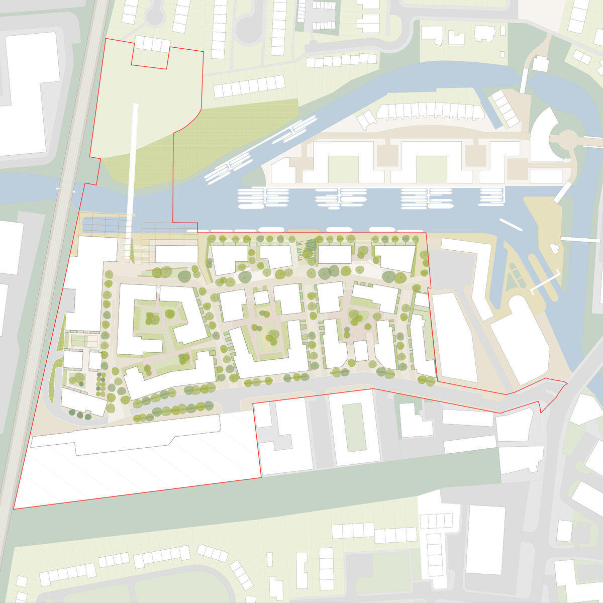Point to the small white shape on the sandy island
coord(555,248)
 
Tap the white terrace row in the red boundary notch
coord(151,44)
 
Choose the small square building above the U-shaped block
coord(261,297)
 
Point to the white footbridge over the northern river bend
coord(524,80)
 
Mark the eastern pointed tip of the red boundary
coord(567,384)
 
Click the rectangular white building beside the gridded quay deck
coord(176,254)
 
